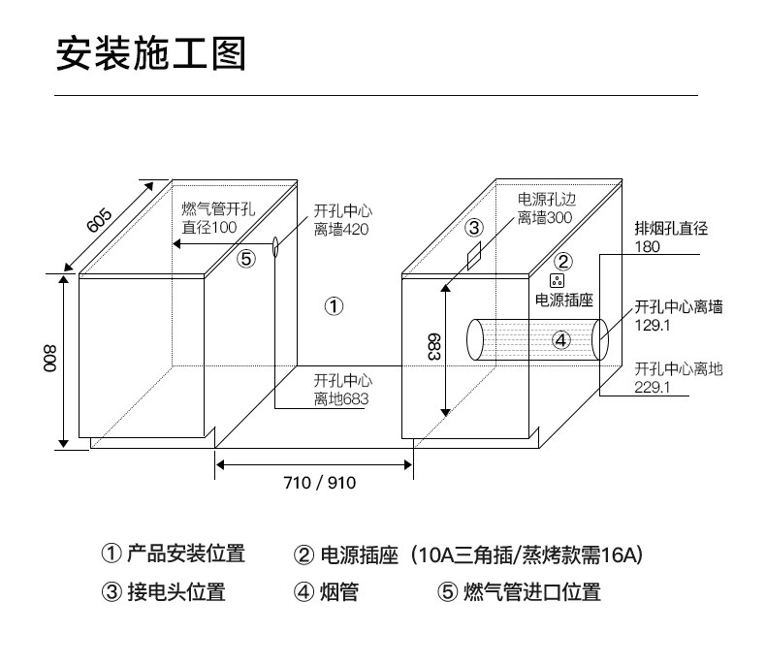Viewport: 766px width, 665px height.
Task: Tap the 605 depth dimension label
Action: pos(100,220)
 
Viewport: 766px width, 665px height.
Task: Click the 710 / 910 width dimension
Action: pos(314,483)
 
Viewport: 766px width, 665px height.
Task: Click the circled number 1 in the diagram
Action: pos(334,307)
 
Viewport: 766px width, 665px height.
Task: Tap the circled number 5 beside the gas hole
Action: pos(246,259)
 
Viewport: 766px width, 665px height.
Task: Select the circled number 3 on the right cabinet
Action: pos(473,228)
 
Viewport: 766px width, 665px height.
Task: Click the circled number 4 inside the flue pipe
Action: pos(561,339)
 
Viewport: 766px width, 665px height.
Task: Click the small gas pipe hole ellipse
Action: pos(276,245)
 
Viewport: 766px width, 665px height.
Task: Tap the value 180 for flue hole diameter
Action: pos(647,247)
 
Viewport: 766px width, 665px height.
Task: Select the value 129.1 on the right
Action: pos(653,326)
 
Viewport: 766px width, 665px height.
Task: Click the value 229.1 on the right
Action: pos(653,388)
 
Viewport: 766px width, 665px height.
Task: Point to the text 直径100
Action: pos(209,228)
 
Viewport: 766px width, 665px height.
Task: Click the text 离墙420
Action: pos(341,230)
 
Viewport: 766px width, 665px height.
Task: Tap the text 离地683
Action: pos(341,398)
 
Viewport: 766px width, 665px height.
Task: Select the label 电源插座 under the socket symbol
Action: pos(564,301)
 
